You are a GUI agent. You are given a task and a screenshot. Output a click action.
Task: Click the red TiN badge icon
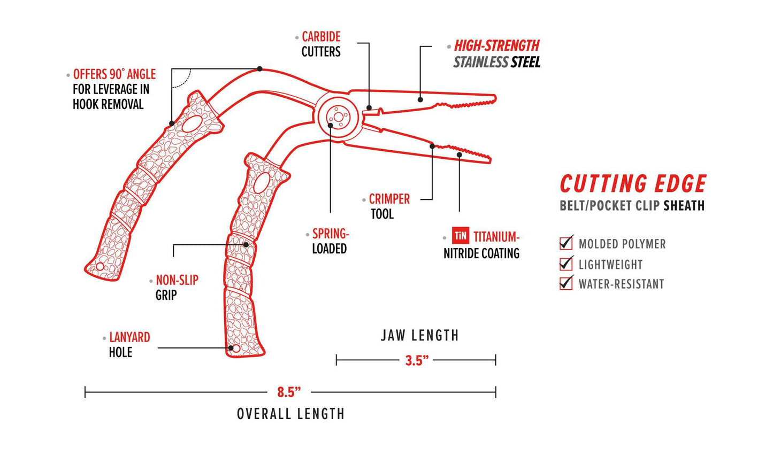tap(461, 236)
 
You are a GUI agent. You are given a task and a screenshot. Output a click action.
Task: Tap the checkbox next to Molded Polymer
tap(565, 244)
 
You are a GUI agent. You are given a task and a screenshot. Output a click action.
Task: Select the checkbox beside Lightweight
tap(565, 264)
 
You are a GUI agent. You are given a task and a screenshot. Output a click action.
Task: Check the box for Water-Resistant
tap(565, 283)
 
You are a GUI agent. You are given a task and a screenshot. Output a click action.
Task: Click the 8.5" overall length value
tap(289, 392)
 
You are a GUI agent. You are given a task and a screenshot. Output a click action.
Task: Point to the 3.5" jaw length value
tap(417, 360)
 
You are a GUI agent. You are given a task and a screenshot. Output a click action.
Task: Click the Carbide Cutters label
tap(321, 44)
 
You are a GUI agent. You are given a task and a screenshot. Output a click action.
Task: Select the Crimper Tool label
tap(389, 206)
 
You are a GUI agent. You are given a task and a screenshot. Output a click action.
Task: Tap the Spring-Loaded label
tap(331, 241)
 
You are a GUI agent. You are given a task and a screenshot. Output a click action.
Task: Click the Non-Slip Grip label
tap(177, 287)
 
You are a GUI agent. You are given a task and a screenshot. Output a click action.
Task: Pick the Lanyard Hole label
tap(129, 344)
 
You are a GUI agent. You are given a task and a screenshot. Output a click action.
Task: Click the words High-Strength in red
tap(496, 45)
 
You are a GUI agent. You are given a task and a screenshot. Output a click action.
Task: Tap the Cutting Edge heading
tap(633, 184)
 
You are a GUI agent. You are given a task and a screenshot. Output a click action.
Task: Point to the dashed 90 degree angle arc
tap(184, 80)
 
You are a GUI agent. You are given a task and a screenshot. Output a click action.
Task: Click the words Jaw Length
tap(419, 336)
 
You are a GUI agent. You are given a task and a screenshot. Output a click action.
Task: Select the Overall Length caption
tap(290, 414)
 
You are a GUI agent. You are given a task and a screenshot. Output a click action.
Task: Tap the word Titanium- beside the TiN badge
tap(496, 236)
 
